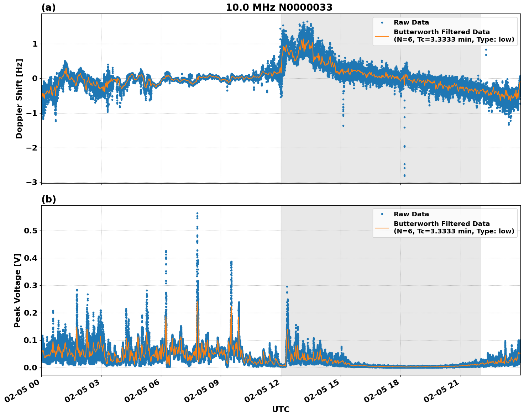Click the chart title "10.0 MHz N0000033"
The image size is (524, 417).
pyautogui.click(x=279, y=7)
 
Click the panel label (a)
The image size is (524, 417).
pyautogui.click(x=48, y=7)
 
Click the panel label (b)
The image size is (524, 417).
pyautogui.click(x=49, y=199)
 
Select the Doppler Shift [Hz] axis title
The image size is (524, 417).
pyautogui.click(x=19, y=99)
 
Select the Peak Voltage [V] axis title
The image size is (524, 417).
pyautogui.click(x=17, y=290)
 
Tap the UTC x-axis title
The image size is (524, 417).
pyautogui.click(x=281, y=409)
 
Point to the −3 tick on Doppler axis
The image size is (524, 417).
pyautogui.click(x=32, y=182)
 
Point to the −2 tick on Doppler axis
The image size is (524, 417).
pyautogui.click(x=32, y=148)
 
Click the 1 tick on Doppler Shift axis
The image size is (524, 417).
pyautogui.click(x=35, y=44)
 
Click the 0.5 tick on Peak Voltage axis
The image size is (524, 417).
pyautogui.click(x=30, y=231)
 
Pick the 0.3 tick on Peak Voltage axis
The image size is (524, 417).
pyautogui.click(x=30, y=285)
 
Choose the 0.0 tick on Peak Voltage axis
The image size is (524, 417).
pyautogui.click(x=30, y=368)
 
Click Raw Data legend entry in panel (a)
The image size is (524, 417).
pyautogui.click(x=411, y=22)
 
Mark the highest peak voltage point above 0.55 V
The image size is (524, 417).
pyautogui.click(x=197, y=213)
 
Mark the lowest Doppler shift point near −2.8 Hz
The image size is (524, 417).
pyautogui.click(x=404, y=176)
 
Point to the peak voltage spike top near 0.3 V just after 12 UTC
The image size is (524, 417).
pyautogui.click(x=287, y=286)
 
